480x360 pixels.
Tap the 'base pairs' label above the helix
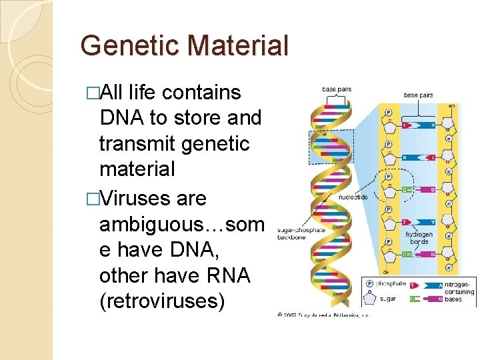pyautogui.click(x=337, y=89)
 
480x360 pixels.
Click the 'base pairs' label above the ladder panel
pyautogui.click(x=418, y=95)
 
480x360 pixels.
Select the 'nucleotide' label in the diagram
pyautogui.click(x=353, y=198)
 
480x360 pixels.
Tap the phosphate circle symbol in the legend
pyautogui.click(x=370, y=283)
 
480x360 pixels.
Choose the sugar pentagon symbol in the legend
pyautogui.click(x=370, y=298)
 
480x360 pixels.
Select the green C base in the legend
pyautogui.click(x=415, y=298)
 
